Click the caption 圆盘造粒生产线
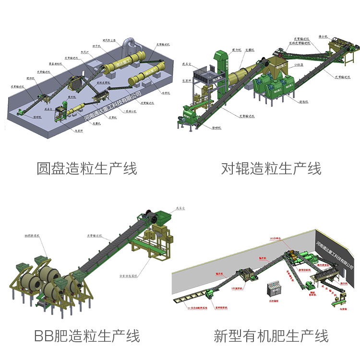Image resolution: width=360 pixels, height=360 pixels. [87, 168]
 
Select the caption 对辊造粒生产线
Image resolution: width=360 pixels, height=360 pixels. [271, 168]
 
